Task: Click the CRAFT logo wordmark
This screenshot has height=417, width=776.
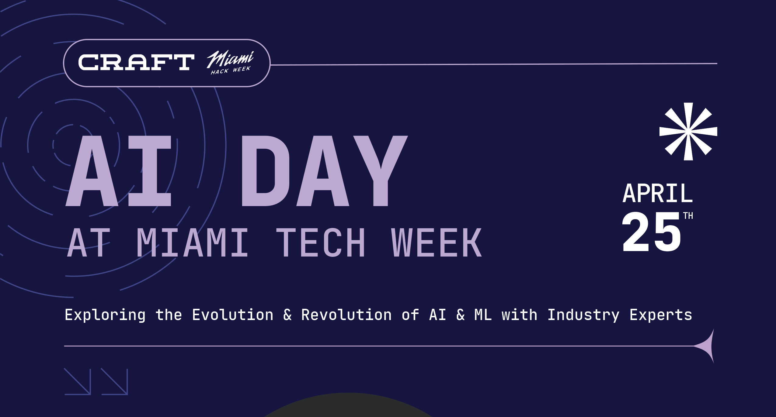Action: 136,62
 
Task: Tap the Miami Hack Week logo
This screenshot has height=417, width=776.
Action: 230,63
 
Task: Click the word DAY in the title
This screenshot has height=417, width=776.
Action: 324,171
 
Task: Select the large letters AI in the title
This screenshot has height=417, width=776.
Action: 119,171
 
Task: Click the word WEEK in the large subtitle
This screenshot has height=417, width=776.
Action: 436,243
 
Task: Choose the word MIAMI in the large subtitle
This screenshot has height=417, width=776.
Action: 193,243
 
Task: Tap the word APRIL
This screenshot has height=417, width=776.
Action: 658,193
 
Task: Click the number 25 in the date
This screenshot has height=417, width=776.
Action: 651,232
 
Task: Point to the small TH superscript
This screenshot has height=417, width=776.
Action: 688,216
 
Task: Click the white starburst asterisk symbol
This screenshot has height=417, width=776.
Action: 688,131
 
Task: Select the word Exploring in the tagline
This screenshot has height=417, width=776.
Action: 105,315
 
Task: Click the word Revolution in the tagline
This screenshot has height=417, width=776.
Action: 346,315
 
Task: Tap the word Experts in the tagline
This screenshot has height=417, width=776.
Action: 661,315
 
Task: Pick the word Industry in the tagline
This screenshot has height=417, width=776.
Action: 583,315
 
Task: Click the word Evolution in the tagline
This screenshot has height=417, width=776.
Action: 233,315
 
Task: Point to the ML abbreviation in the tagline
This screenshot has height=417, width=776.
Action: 483,315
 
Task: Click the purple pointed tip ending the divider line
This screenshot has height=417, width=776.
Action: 714,329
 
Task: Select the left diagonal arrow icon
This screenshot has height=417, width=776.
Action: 78,381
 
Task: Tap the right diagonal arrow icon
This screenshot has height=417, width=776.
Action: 114,381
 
